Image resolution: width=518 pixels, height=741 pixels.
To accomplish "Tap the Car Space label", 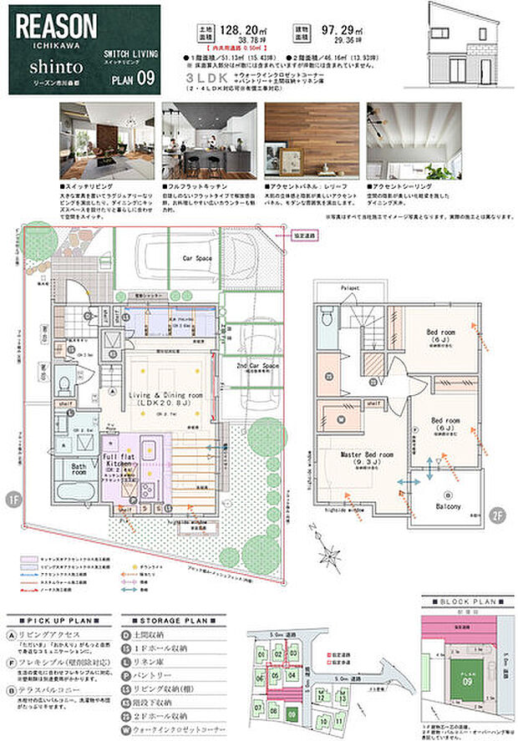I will pos(199,259).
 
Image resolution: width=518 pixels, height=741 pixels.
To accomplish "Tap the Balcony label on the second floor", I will pos(452,506).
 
